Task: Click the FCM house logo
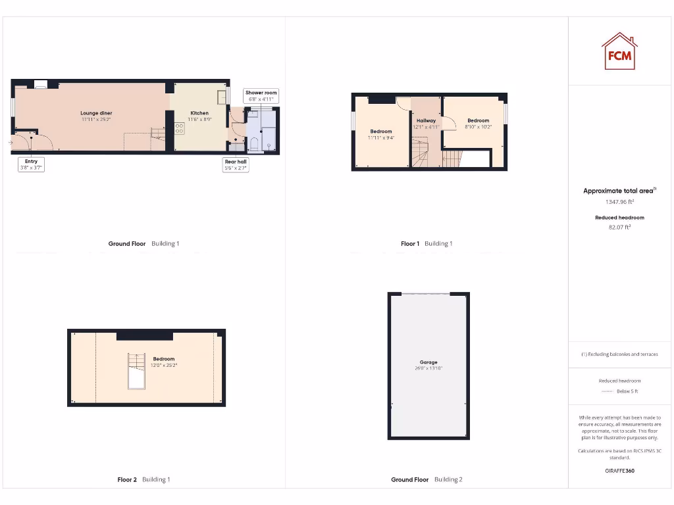tap(619, 51)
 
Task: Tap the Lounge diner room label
tap(96, 113)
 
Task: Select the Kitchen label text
tap(199, 113)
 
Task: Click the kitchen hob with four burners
tap(179, 128)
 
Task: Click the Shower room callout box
tap(261, 96)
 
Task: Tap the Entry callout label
tap(31, 164)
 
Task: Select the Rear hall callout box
tap(236, 164)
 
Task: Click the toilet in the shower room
tap(254, 143)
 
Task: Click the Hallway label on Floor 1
tap(426, 120)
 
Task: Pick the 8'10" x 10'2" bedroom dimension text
tap(478, 127)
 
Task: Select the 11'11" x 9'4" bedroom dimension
tap(380, 137)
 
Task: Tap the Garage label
tap(428, 362)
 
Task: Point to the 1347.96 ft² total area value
tap(619, 203)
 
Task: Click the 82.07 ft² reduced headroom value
tap(619, 227)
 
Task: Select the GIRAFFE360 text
tap(619, 471)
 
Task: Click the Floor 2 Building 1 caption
tap(143, 479)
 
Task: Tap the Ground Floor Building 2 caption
tap(427, 479)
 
